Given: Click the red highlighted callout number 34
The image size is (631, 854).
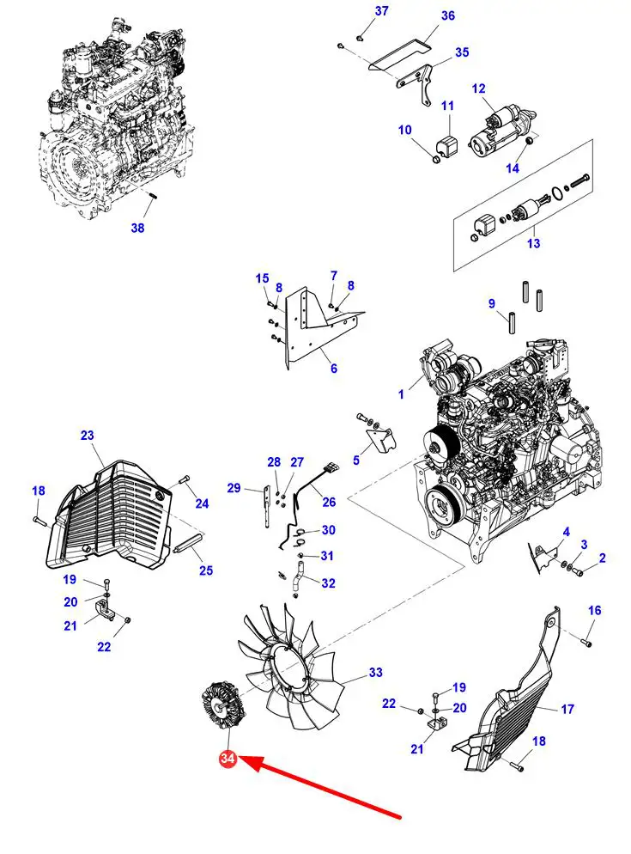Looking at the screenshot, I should click(228, 759).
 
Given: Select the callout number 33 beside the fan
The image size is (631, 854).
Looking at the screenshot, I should click(375, 673).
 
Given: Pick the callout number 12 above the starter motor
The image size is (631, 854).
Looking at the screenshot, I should click(478, 88).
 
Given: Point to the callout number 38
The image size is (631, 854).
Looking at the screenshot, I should click(138, 228).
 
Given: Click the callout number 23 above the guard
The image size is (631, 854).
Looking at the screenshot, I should click(87, 436).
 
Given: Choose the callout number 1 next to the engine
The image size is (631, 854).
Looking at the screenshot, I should click(400, 394).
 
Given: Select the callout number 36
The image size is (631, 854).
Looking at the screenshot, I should click(448, 16).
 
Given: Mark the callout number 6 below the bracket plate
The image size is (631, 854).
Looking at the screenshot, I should click(333, 369).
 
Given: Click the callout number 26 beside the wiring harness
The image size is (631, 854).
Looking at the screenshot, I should click(329, 503).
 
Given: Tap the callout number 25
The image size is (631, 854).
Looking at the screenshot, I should click(206, 570).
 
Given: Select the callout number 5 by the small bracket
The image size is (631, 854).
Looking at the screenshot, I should click(356, 460).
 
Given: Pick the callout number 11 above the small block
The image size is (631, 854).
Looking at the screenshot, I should click(447, 106).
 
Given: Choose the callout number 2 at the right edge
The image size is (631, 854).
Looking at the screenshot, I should click(603, 558).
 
